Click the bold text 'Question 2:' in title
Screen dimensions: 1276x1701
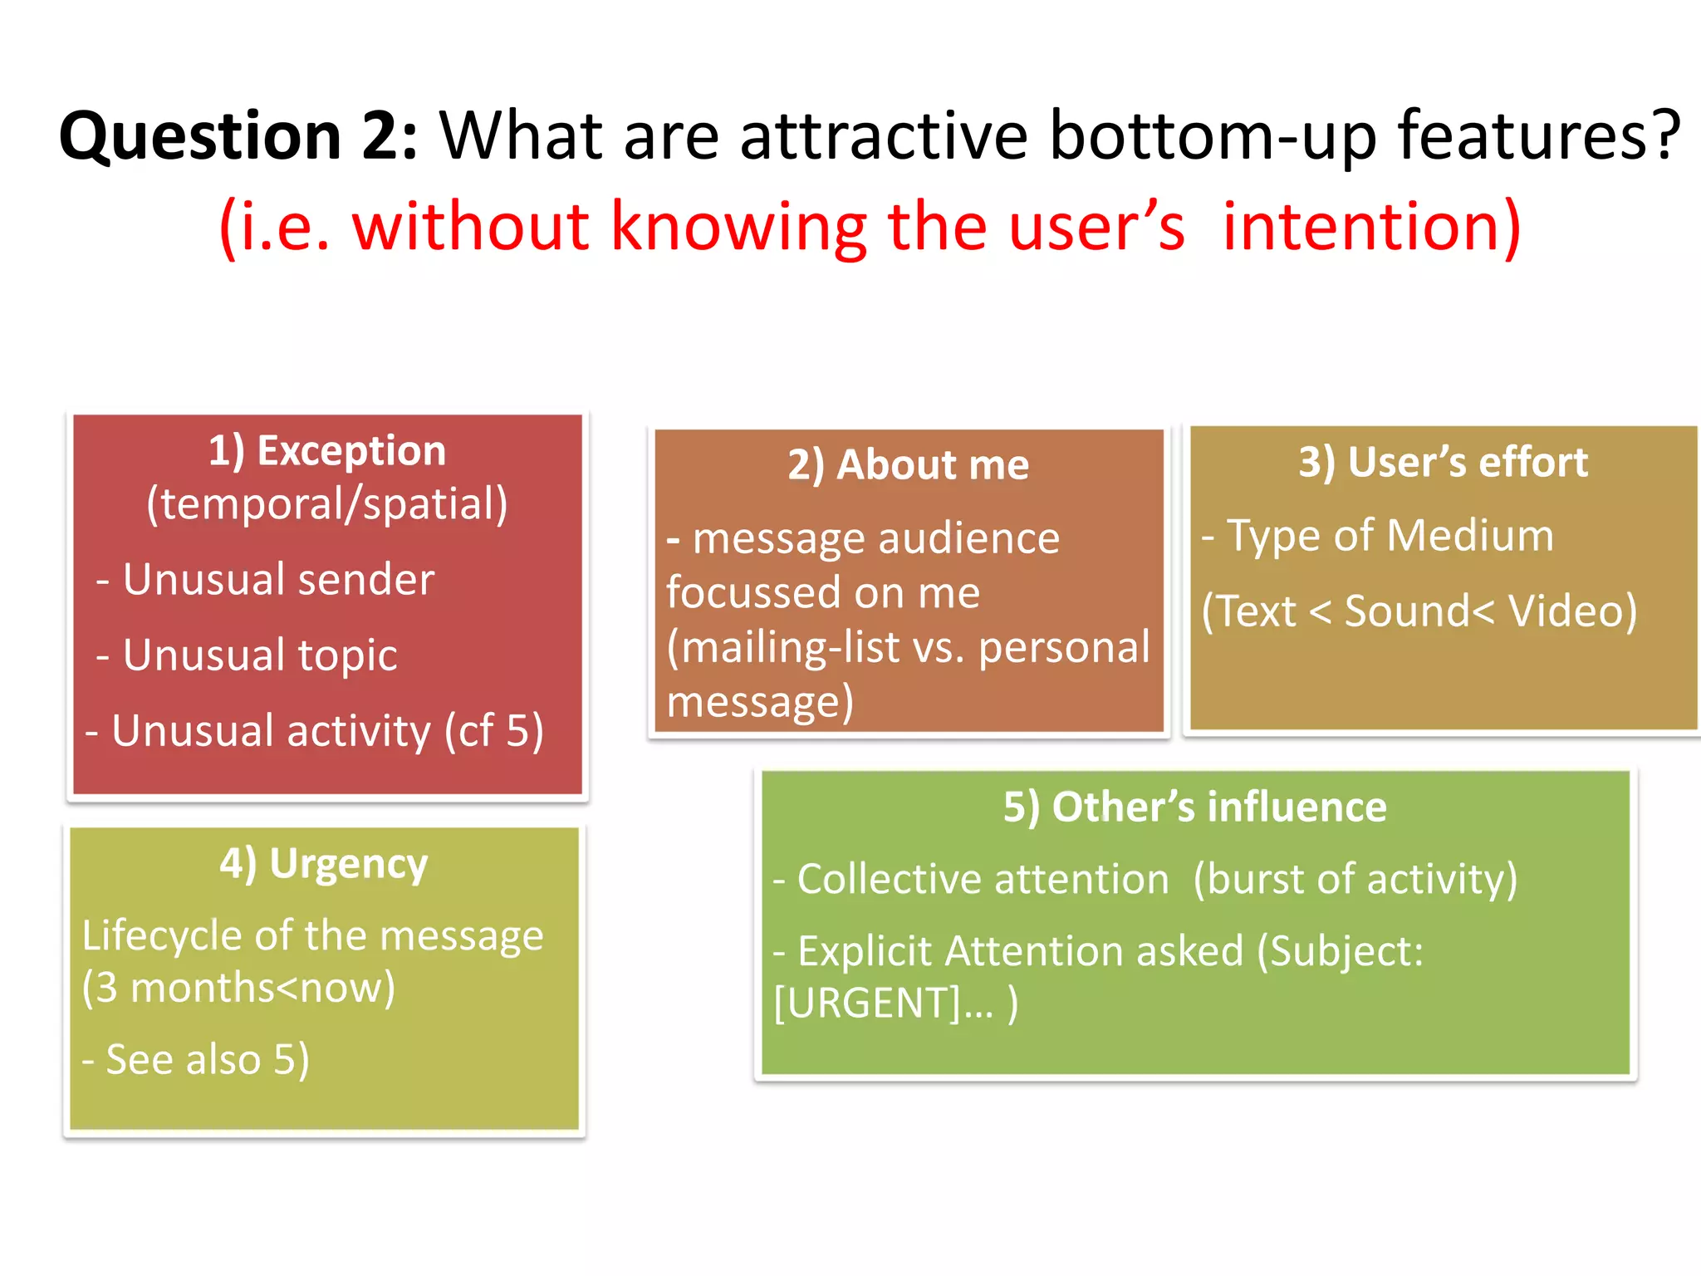coord(238,135)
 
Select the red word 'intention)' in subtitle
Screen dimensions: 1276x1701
coord(1371,226)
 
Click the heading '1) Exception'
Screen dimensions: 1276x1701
coord(326,451)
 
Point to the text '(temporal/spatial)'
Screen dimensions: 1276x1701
coord(326,504)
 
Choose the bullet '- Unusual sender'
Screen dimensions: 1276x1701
coord(266,579)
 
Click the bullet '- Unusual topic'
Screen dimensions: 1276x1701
coord(247,655)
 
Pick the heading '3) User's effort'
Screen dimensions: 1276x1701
coord(1443,462)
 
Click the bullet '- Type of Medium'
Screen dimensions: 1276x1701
coord(1377,535)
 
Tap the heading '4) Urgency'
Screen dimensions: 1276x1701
coord(324,863)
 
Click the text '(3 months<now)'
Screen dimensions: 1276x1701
coord(238,988)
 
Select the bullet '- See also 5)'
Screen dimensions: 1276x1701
coord(196,1059)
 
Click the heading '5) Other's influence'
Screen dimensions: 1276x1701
coord(1194,807)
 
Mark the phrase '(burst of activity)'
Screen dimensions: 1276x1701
coord(1355,879)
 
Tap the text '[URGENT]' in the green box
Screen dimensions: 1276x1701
coord(866,1003)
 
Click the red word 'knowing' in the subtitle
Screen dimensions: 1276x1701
coord(738,226)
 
